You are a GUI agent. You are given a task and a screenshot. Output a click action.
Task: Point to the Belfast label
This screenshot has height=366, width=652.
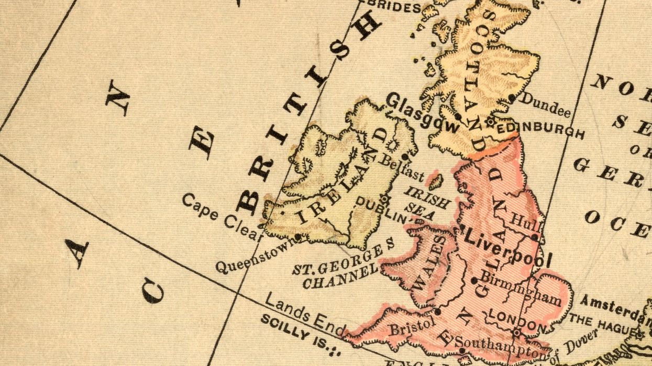[x=401, y=167]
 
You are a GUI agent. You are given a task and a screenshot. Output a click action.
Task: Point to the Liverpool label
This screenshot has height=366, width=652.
[x=507, y=248]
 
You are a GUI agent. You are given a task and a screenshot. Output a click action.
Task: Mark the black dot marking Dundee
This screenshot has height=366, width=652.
[x=512, y=98]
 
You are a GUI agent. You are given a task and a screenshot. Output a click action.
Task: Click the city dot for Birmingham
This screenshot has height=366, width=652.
[x=474, y=280]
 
